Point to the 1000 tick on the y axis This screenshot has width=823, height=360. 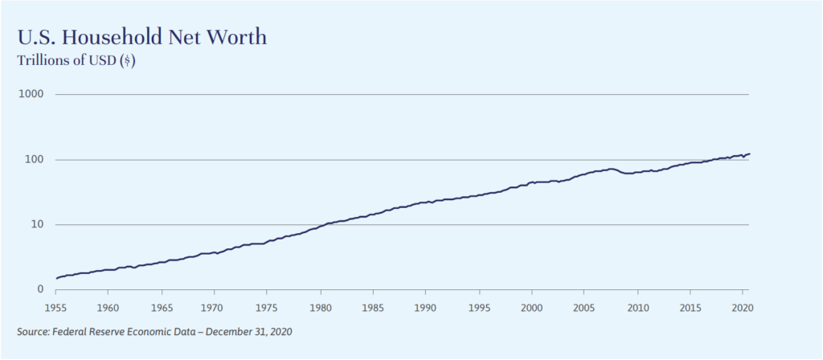(x=31, y=95)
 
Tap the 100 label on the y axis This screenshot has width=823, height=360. (x=34, y=160)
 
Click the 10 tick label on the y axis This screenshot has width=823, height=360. (x=37, y=225)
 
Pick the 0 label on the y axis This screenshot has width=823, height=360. (x=40, y=289)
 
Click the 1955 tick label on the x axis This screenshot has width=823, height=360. (x=55, y=307)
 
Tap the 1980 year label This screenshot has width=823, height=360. (x=320, y=307)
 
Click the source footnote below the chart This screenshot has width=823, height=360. (x=154, y=332)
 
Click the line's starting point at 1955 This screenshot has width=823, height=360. (x=55, y=278)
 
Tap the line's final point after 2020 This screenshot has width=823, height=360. (x=749, y=153)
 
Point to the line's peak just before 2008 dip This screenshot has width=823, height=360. (x=612, y=169)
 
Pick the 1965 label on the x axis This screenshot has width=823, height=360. (x=162, y=307)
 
